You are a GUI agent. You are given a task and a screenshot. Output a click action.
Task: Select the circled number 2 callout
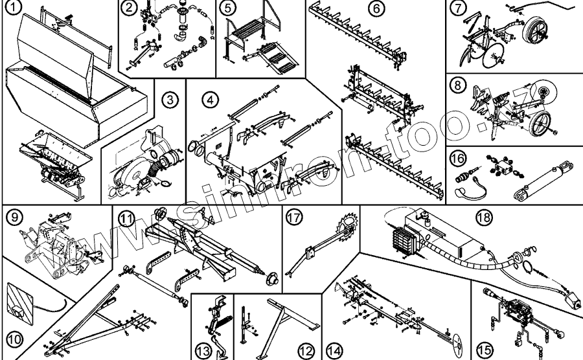130,8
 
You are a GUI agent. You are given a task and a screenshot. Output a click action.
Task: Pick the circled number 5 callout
226,8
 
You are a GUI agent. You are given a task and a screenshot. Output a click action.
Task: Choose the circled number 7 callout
458,9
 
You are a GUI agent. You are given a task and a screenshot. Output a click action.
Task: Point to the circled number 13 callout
204,350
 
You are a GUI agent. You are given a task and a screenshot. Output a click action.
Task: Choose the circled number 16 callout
458,159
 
